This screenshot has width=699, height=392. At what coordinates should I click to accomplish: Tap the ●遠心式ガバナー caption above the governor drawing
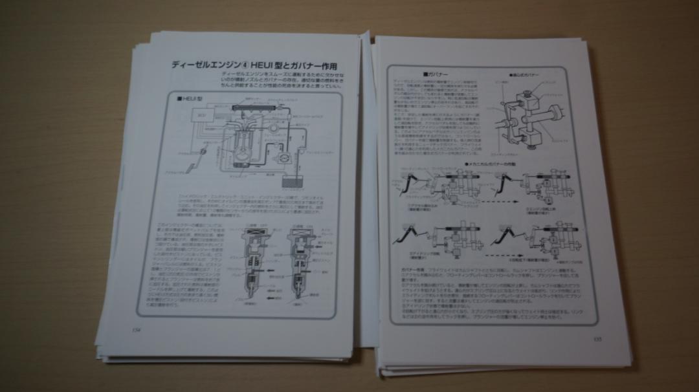pyautogui.click(x=524, y=76)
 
